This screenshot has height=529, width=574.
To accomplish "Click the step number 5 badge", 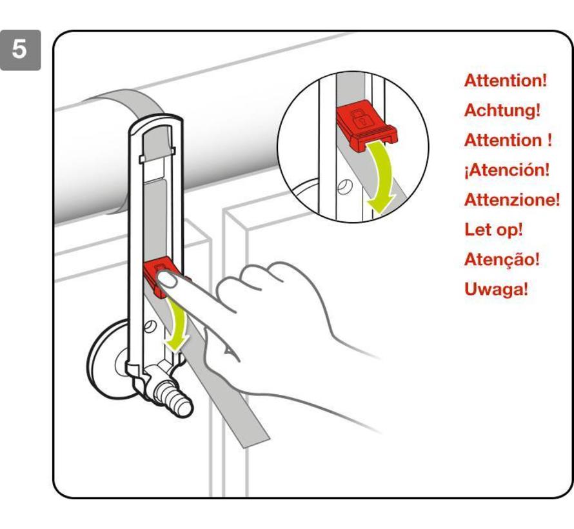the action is (20, 50).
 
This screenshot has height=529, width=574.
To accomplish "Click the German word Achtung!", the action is (502, 110).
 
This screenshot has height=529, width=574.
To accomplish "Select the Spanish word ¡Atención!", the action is (507, 170).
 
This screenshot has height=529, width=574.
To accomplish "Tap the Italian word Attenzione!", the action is (512, 200).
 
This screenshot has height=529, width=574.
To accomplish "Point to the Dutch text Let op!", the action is (493, 230).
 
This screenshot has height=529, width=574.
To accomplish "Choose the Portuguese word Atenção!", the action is (502, 259).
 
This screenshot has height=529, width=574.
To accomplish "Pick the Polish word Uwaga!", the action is (496, 289).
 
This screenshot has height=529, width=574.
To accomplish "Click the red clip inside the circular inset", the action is (366, 125).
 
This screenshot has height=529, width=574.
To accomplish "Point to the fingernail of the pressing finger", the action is (166, 280).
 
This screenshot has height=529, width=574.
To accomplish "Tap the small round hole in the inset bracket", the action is (344, 186).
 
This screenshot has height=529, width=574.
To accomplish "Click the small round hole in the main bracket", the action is (150, 325).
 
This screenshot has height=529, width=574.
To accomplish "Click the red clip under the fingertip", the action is (161, 276).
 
